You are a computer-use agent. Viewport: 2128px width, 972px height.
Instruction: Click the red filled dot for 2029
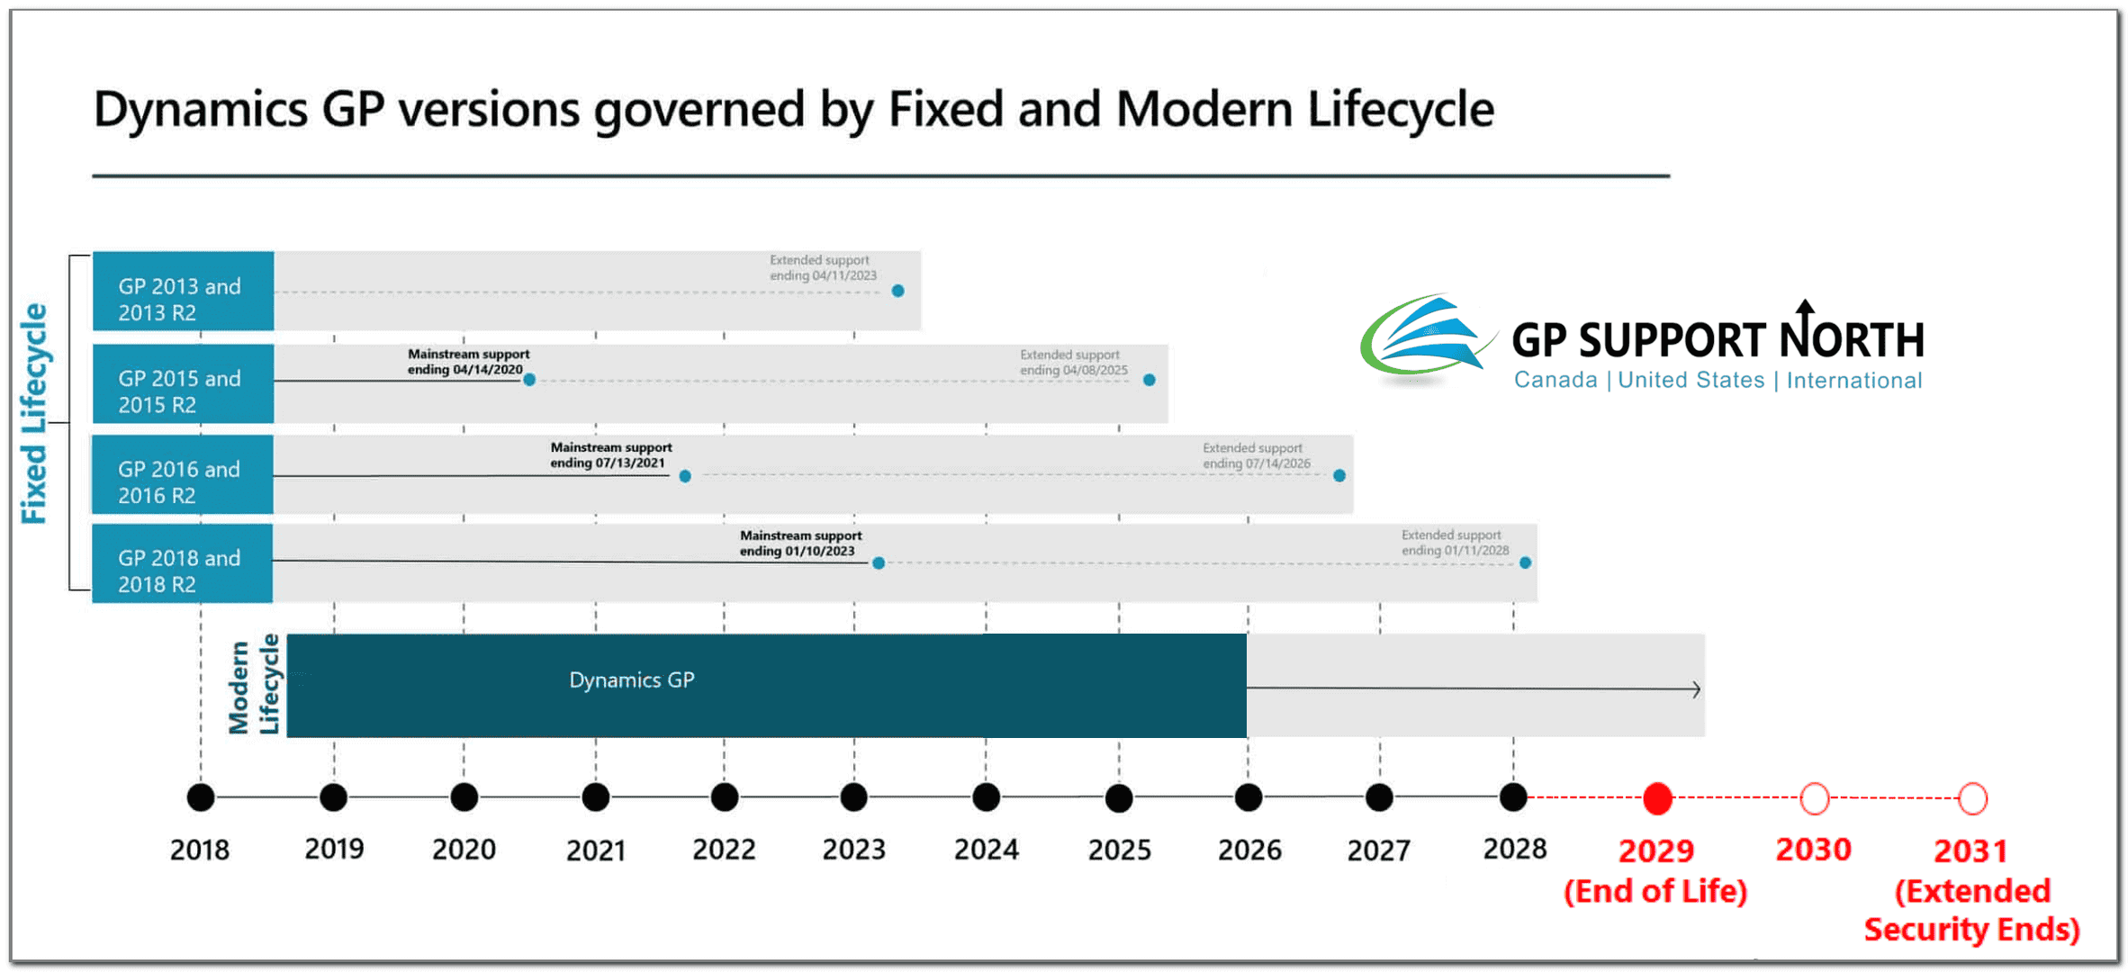click(x=1657, y=798)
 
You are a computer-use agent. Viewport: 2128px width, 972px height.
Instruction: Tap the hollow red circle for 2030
click(x=1814, y=798)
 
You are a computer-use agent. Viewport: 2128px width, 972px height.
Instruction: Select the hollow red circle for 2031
click(x=1972, y=798)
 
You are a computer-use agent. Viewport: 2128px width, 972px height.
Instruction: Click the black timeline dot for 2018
click(x=201, y=797)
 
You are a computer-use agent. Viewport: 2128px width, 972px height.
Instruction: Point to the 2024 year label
click(x=987, y=850)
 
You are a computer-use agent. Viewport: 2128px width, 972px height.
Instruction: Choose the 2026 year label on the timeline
click(x=1249, y=850)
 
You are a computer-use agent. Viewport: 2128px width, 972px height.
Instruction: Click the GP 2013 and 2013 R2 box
click(x=183, y=291)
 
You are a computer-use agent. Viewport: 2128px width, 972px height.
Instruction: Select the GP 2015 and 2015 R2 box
click(x=183, y=383)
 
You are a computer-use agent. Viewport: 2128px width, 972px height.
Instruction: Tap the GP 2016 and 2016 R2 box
click(x=183, y=474)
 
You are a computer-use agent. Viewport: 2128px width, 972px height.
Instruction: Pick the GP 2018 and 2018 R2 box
click(x=183, y=563)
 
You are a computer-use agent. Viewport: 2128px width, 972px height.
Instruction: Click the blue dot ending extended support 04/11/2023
click(x=897, y=291)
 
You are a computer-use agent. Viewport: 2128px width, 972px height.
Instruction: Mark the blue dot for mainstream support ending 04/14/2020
click(x=529, y=380)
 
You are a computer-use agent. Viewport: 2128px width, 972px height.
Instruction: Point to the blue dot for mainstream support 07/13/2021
click(x=685, y=476)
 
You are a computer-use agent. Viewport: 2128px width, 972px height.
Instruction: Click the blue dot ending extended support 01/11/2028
click(x=1525, y=562)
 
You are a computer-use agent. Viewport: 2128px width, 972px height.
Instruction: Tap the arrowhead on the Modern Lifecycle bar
click(x=1696, y=689)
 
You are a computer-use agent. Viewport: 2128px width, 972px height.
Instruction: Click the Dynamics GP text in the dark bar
click(x=632, y=680)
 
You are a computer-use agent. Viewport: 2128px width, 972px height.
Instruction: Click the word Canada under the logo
click(x=1555, y=380)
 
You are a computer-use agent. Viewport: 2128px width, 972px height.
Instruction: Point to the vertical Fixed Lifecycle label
click(x=34, y=413)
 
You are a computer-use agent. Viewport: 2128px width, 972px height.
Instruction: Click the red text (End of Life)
click(x=1655, y=891)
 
